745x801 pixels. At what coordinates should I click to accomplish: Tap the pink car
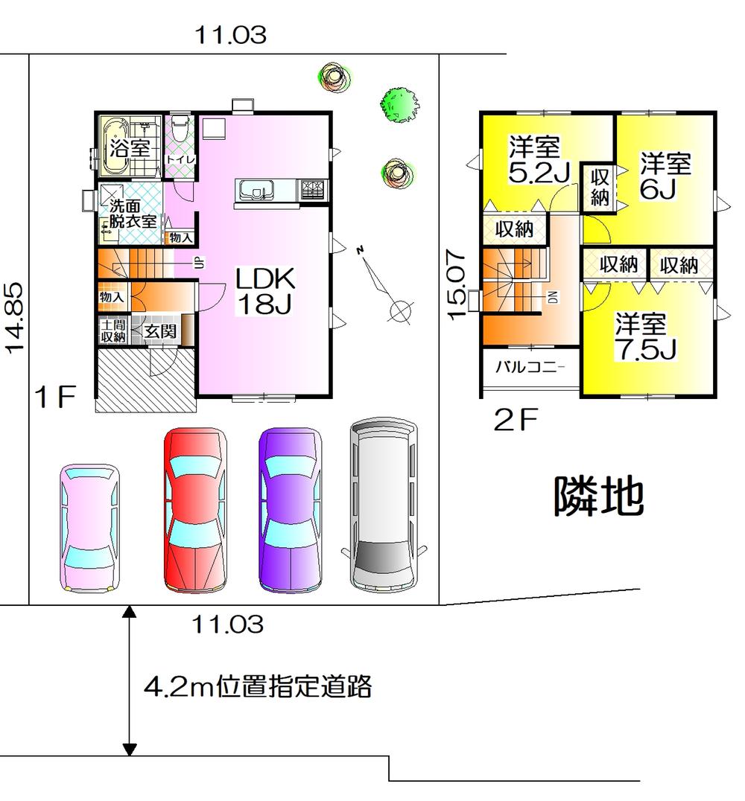click(89, 527)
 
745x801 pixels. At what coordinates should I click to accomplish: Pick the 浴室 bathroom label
click(130, 147)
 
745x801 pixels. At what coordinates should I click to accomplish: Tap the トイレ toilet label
click(180, 159)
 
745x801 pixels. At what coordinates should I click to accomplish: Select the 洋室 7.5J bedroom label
click(645, 337)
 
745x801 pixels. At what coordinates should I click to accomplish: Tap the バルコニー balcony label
click(530, 368)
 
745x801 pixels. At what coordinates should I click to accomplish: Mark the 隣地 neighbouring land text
click(597, 497)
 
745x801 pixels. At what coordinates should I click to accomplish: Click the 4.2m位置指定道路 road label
click(257, 686)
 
